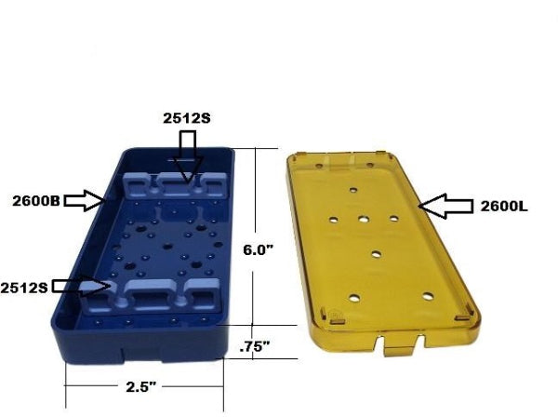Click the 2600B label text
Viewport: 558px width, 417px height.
pyautogui.click(x=36, y=199)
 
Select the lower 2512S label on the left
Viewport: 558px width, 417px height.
pyautogui.click(x=25, y=284)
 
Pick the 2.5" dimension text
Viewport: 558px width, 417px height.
pyautogui.click(x=141, y=384)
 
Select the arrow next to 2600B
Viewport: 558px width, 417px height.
pyautogui.click(x=88, y=198)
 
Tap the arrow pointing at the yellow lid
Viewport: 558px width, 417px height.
pyautogui.click(x=445, y=205)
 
